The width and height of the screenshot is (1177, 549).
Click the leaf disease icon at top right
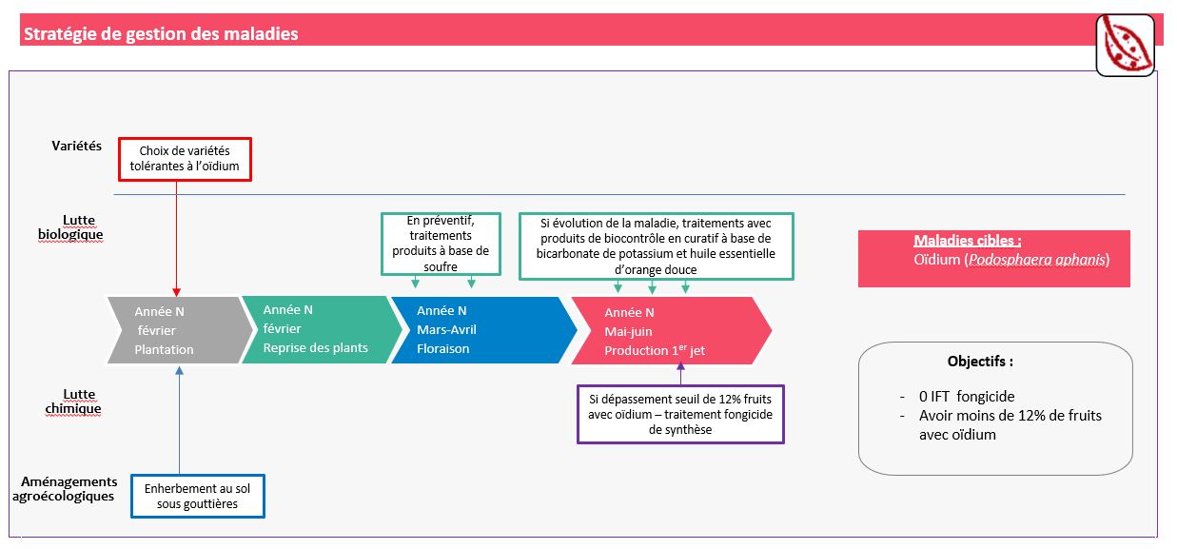[x=1125, y=45]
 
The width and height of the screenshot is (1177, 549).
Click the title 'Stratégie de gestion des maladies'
[x=161, y=34]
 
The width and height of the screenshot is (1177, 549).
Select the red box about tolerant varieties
[x=185, y=159]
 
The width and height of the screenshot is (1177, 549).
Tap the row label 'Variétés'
[x=76, y=147]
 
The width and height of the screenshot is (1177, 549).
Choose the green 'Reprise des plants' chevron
[x=315, y=329]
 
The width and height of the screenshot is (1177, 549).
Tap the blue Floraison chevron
[x=476, y=330]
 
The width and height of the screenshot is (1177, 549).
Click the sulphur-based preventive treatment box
[x=441, y=244]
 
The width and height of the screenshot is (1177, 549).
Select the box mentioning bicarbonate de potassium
[x=656, y=246]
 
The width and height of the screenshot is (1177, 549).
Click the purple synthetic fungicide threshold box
[x=680, y=414]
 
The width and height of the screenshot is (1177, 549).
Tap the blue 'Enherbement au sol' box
[x=197, y=496]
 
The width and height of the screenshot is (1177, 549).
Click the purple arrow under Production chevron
[x=680, y=373]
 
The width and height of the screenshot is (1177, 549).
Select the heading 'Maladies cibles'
[x=967, y=241]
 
